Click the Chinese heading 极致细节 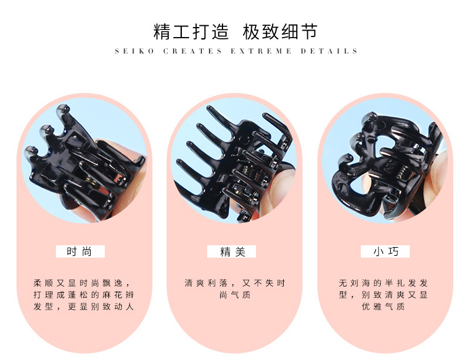click(280, 31)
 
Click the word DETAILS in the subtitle click(329, 51)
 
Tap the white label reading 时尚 click(80, 252)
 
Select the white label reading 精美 click(232, 252)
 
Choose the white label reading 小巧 click(386, 252)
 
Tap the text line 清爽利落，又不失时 click(234, 283)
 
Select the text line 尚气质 click(234, 295)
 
